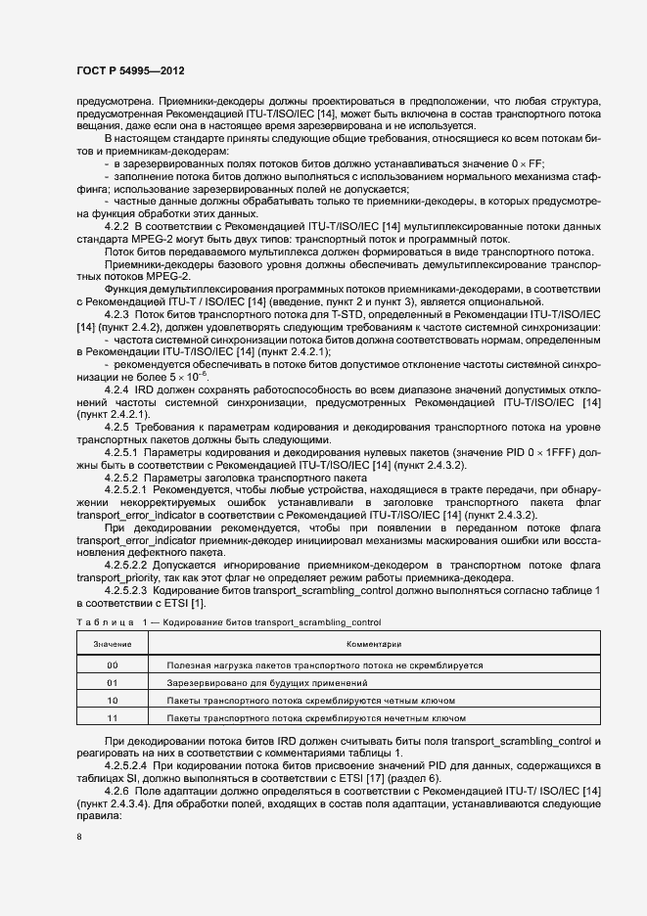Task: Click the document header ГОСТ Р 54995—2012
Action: [129, 71]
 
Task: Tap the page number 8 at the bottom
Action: [78, 838]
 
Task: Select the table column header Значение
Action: [113, 645]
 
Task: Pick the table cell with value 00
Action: [113, 664]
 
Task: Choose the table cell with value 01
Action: [113, 682]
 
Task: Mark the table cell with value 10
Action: [113, 701]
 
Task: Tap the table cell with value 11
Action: [113, 718]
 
